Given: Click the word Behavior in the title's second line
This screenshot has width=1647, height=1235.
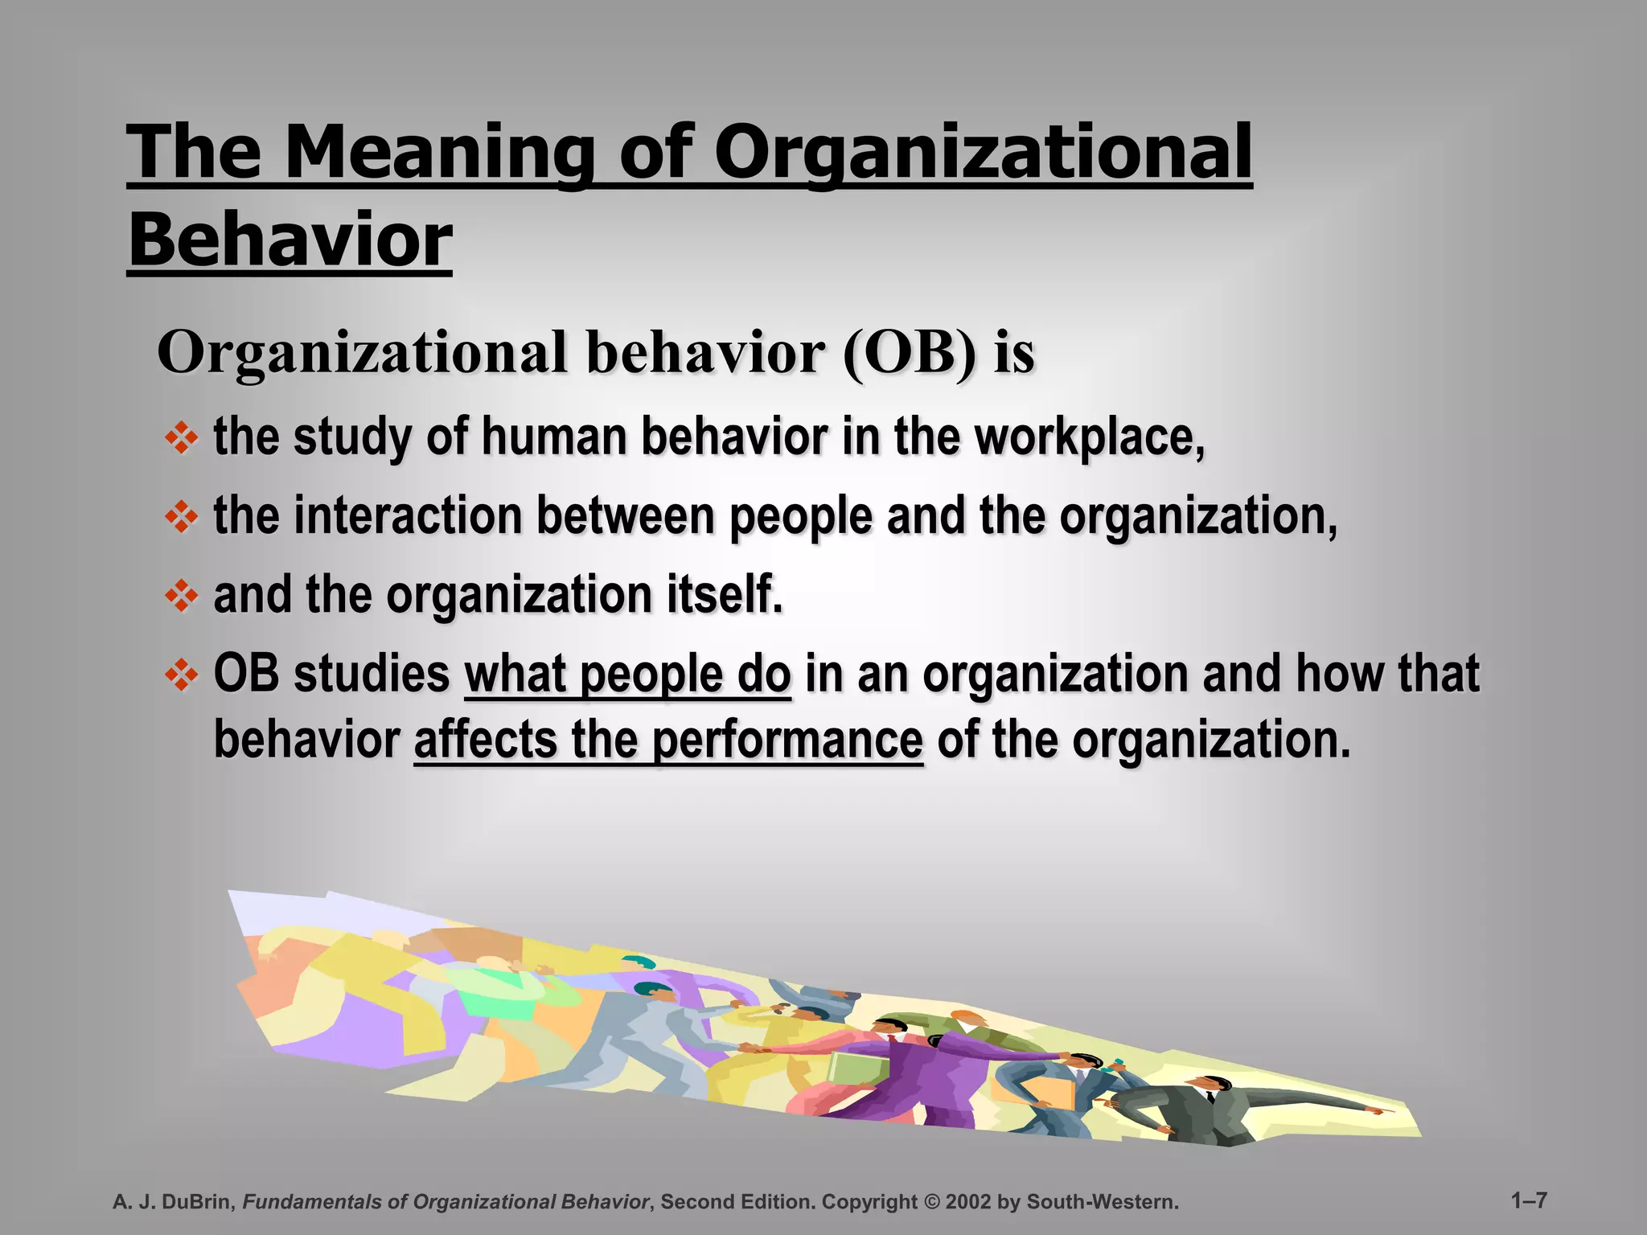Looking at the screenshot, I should (290, 240).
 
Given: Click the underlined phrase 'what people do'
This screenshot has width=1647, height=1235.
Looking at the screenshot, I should (627, 674).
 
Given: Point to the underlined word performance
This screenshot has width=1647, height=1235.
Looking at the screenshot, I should (787, 740).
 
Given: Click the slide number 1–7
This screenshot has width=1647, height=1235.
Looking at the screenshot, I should (1529, 1200).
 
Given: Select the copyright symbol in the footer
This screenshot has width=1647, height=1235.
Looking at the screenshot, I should (931, 1202).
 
